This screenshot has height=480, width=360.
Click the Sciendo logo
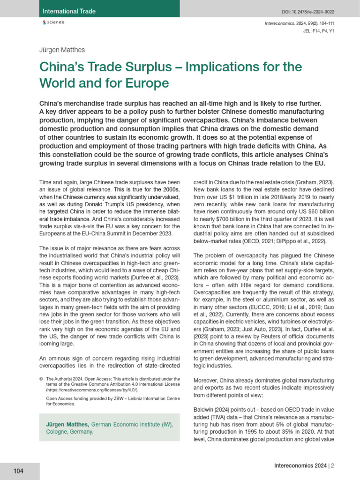click(53, 22)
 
